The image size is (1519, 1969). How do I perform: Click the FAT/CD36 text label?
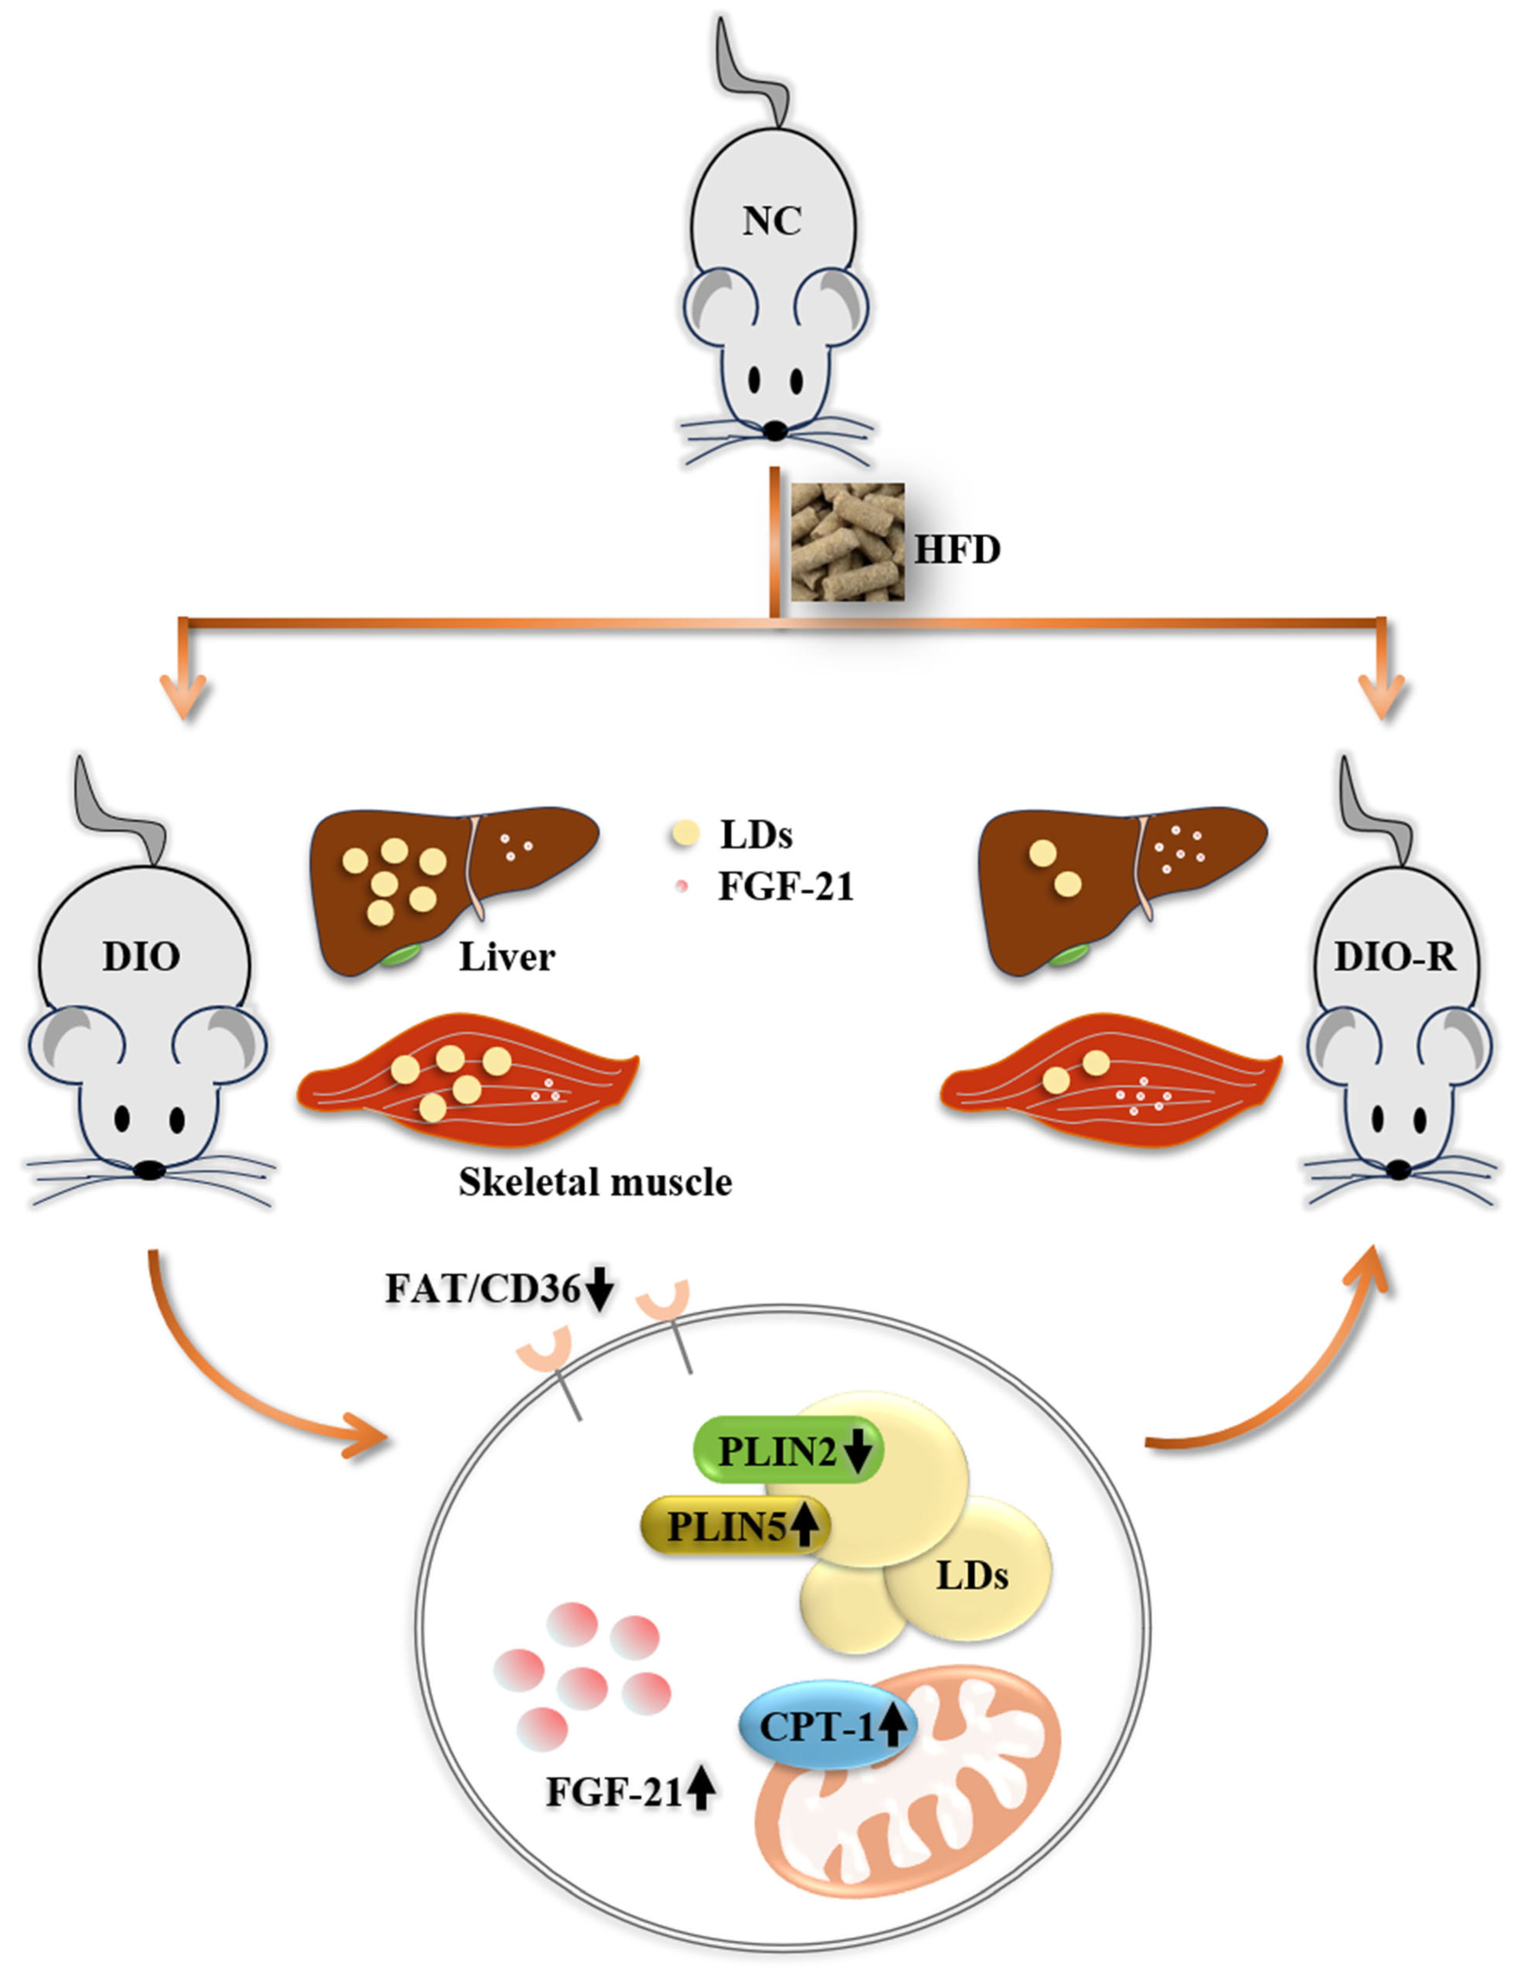point(482,1289)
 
